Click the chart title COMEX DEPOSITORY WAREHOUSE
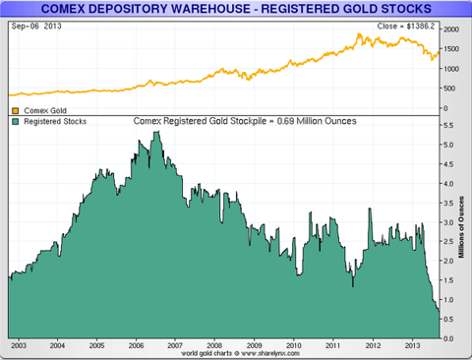pyautogui.click(x=236, y=9)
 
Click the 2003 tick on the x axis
pyautogui.click(x=18, y=346)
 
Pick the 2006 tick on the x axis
pyautogui.click(x=136, y=346)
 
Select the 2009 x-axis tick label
pyautogui.click(x=255, y=346)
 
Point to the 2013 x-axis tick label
pyautogui.click(x=412, y=346)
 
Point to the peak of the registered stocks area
pyautogui.click(x=154, y=132)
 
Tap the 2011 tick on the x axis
pyautogui.click(x=333, y=346)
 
